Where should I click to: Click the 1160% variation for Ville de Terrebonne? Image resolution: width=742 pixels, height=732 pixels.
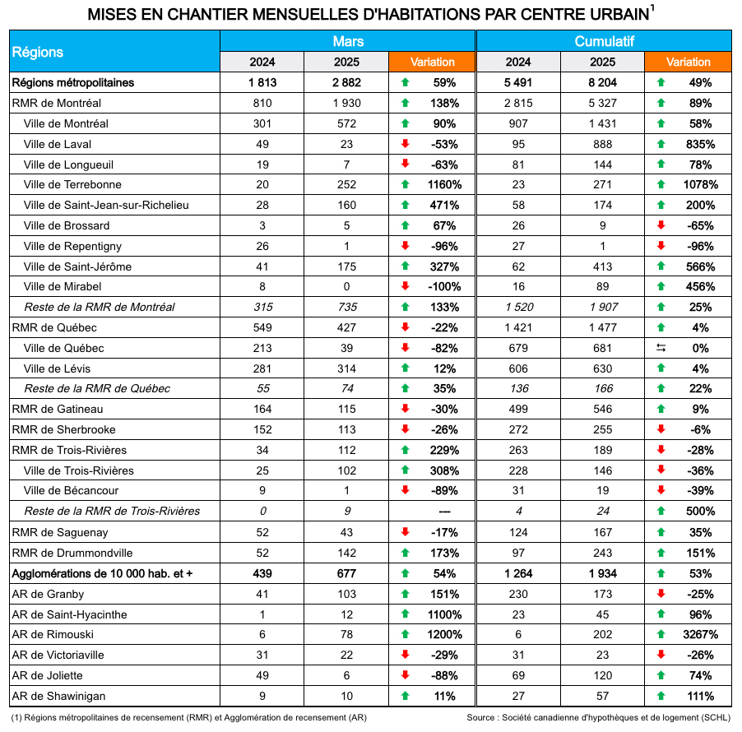[x=445, y=185]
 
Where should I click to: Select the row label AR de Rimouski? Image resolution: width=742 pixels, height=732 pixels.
[x=53, y=635]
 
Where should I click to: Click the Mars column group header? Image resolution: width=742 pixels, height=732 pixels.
[x=348, y=41]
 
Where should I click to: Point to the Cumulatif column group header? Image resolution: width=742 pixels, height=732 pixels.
[x=604, y=41]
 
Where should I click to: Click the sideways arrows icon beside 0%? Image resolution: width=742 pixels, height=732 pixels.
[x=660, y=349]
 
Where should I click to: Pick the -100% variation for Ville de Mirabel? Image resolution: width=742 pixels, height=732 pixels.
[x=445, y=287]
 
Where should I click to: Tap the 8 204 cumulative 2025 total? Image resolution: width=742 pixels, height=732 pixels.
[x=603, y=83]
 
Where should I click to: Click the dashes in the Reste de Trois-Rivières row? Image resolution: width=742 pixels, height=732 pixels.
[x=445, y=512]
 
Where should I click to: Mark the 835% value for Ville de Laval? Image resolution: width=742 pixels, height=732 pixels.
[x=700, y=144]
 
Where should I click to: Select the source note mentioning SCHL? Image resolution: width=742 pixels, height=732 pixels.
[x=598, y=717]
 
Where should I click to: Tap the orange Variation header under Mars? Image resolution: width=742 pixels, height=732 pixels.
[x=433, y=63]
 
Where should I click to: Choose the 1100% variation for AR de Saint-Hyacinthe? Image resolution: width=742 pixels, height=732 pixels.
[x=445, y=614]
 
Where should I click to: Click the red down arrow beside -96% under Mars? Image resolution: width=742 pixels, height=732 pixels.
[x=405, y=246]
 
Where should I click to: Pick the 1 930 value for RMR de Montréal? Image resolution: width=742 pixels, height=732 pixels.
[x=346, y=104]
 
